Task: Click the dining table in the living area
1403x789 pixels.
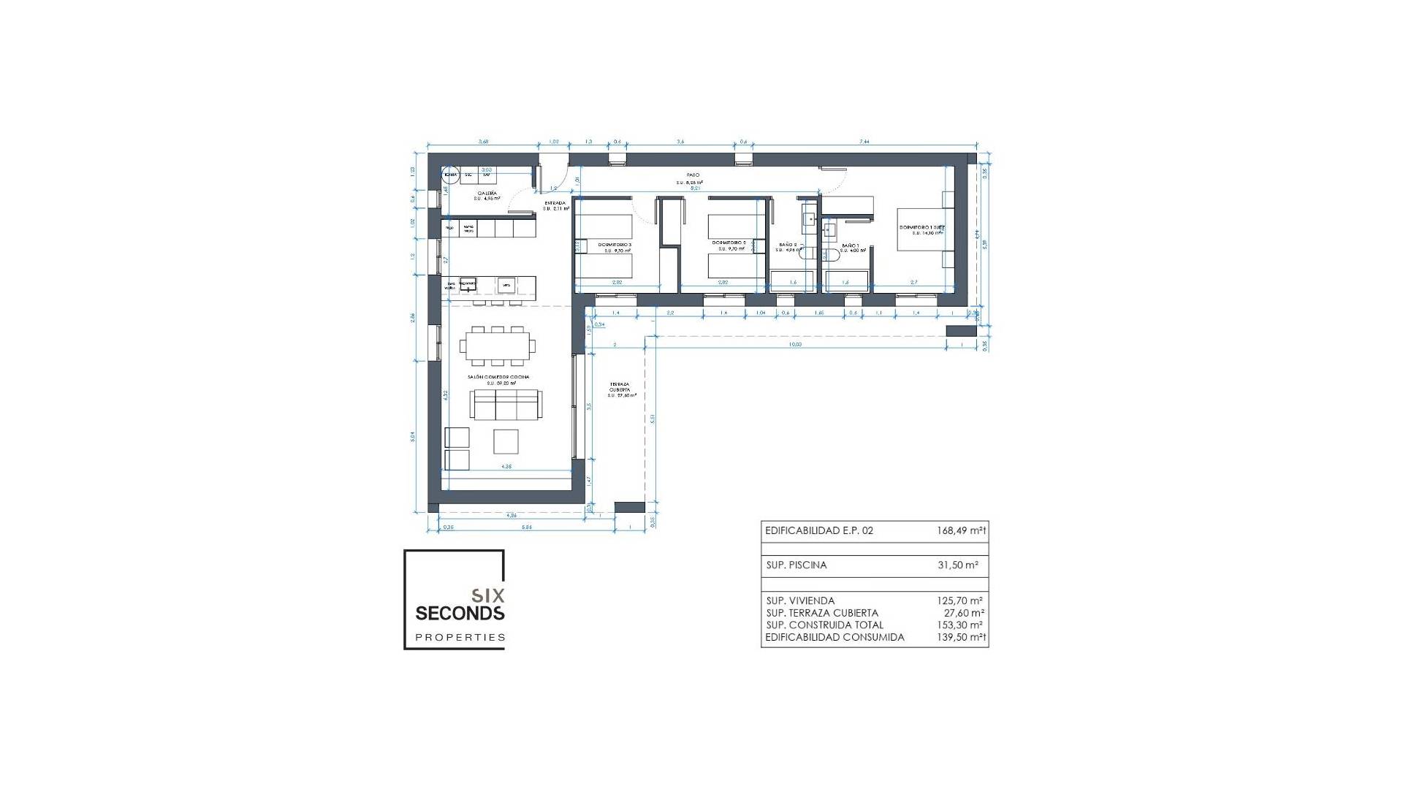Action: pos(498,346)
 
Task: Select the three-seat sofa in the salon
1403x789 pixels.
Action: pos(506,405)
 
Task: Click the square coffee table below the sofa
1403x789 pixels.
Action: pos(506,442)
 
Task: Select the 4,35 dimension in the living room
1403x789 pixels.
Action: pos(506,465)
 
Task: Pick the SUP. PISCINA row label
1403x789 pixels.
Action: pos(796,565)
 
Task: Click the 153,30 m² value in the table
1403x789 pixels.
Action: pos(961,625)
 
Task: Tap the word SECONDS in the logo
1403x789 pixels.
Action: pos(460,612)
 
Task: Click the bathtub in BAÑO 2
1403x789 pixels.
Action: pos(792,281)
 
